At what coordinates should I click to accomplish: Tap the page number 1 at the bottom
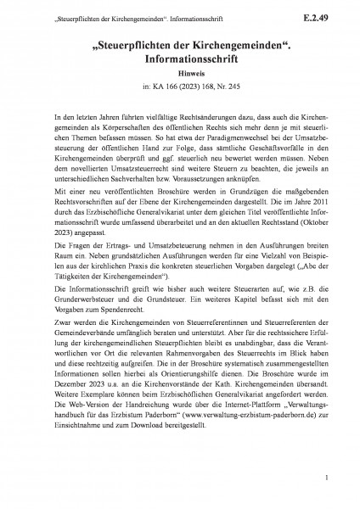tap(325, 479)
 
